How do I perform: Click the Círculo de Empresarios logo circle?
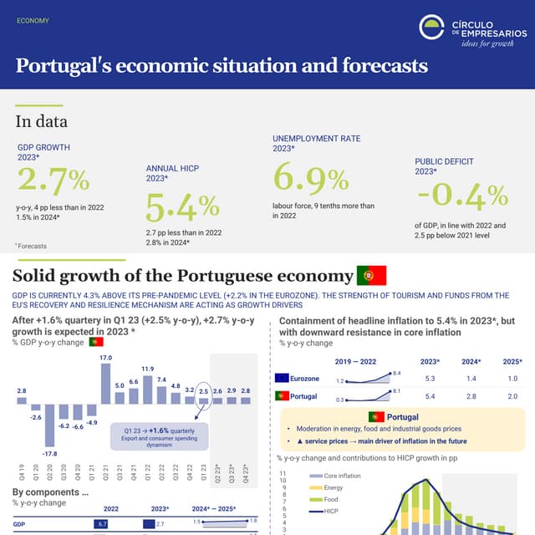click(431, 27)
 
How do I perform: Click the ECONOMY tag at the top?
click(33, 21)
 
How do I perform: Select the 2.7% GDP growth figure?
click(53, 180)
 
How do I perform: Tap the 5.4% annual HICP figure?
click(182, 206)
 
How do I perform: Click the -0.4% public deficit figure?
click(462, 196)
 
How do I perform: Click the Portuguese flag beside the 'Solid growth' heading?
click(371, 276)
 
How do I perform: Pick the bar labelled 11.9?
click(147, 389)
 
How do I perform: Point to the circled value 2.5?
click(203, 390)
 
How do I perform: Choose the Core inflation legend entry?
click(332, 475)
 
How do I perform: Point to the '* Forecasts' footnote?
click(31, 246)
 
